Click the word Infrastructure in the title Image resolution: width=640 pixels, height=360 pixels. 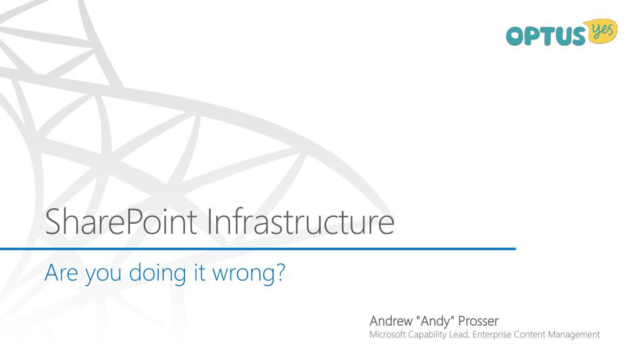pyautogui.click(x=300, y=224)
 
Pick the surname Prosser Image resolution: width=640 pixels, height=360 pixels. pyautogui.click(x=479, y=322)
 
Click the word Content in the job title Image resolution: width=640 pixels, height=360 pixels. pyautogui.click(x=527, y=335)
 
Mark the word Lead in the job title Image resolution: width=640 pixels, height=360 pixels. pyautogui.click(x=461, y=335)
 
